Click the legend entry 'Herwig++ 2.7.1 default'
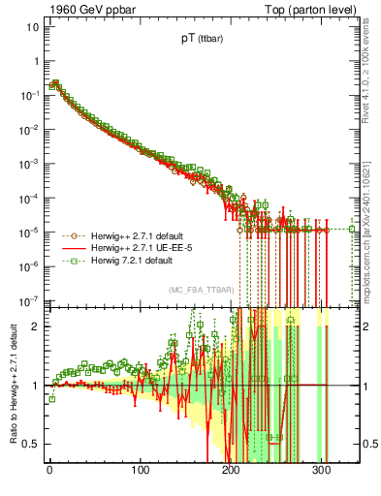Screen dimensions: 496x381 (130, 235)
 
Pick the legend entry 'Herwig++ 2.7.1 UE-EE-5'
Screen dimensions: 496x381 (132, 248)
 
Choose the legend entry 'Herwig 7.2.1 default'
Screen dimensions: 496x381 (126, 261)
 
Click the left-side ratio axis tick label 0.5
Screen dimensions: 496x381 (30, 444)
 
